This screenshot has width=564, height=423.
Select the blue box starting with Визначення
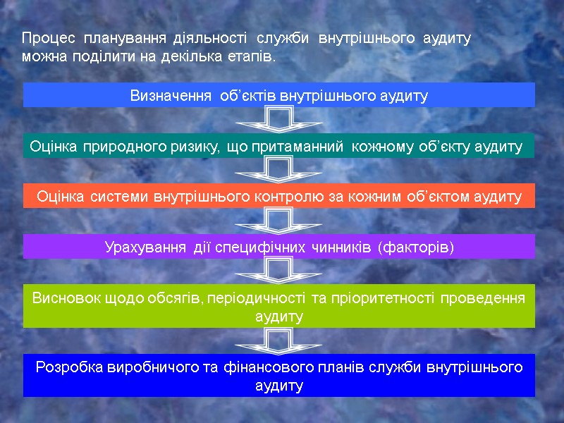pos(279,95)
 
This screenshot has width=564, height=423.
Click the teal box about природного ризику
pos(279,147)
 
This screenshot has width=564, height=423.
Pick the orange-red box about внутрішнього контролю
pos(279,197)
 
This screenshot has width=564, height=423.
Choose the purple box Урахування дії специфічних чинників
pos(279,247)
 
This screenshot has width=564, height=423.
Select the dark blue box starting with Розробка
pos(279,376)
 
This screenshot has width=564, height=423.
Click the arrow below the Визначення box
pos(279,120)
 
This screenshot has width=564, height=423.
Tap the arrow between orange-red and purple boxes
pos(279,221)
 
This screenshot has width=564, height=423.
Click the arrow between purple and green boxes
pos(279,271)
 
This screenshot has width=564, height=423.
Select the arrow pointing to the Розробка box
pos(279,341)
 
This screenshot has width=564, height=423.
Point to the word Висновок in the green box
pos(63,298)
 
